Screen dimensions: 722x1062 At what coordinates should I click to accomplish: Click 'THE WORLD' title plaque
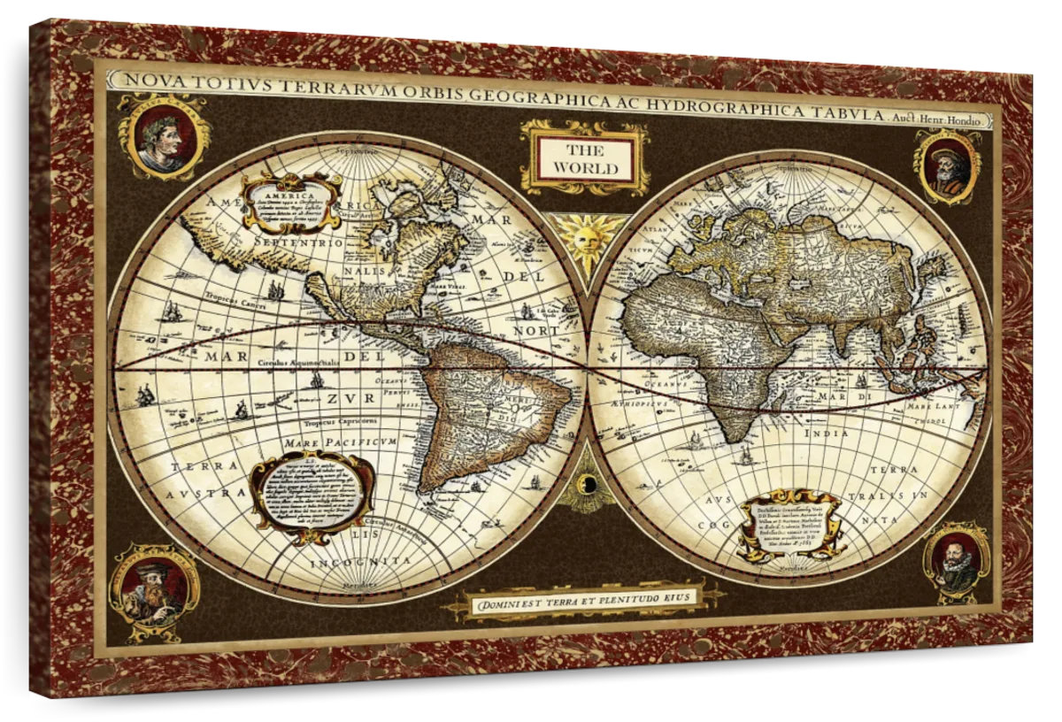point(587,158)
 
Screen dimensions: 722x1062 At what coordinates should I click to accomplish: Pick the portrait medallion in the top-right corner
point(950,165)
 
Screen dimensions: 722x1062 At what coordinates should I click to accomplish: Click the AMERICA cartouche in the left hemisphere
point(293,202)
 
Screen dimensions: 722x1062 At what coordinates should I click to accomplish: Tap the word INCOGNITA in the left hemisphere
point(360,561)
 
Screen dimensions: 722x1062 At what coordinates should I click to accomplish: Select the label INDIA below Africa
point(825,434)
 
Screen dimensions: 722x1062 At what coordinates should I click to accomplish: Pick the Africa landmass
point(708,345)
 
